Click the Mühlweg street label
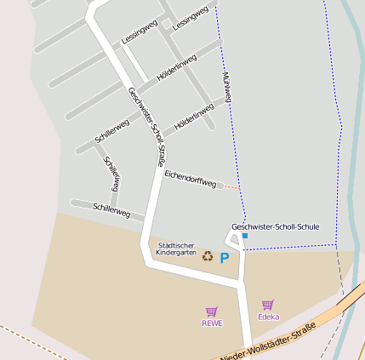tap(226, 87)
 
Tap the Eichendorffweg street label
tap(190, 179)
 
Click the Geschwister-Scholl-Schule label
tap(275, 226)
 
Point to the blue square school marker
tap(245, 236)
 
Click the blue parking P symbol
tap(225, 258)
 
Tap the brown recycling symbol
tap(207, 255)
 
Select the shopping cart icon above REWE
tap(211, 311)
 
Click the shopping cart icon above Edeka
tap(267, 305)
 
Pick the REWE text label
tap(212, 323)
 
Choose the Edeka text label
tap(268, 317)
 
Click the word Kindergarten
tap(177, 253)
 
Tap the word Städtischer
tap(177, 245)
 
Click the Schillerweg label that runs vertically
tap(112, 173)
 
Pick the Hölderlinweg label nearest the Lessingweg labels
tap(176, 68)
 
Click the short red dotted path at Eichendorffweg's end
tap(231, 186)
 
